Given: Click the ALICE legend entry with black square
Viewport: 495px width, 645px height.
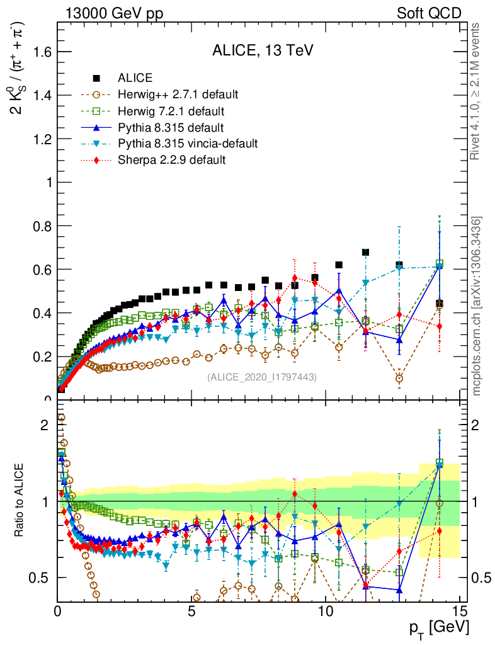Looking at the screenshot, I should (x=135, y=78).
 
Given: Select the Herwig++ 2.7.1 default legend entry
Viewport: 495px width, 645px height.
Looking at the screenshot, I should (x=178, y=94).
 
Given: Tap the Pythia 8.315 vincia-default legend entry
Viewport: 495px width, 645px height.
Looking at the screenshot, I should (x=188, y=144).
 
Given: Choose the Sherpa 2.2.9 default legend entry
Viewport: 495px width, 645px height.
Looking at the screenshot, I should (x=171, y=160).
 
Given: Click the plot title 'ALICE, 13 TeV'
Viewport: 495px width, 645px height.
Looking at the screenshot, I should (x=259, y=52).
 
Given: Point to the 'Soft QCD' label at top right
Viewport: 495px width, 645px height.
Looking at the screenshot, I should (x=428, y=13).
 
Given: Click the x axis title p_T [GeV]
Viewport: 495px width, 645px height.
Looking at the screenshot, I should (x=438, y=627).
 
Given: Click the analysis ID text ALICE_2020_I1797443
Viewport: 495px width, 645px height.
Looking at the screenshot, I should (x=261, y=377).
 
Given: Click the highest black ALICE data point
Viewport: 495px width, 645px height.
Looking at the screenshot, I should (x=365, y=253).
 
